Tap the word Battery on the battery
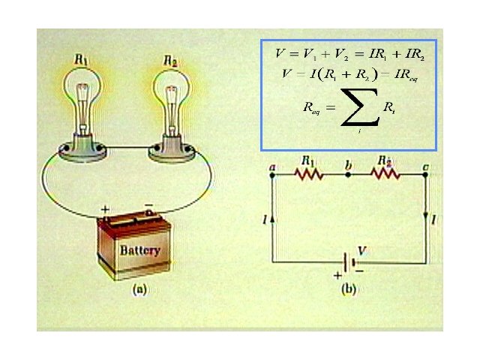[140, 250]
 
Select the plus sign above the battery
[106, 210]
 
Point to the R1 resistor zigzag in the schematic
[309, 174]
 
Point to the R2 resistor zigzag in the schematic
[385, 174]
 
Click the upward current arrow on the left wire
[272, 217]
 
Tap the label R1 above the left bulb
[82, 59]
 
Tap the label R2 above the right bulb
[171, 59]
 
